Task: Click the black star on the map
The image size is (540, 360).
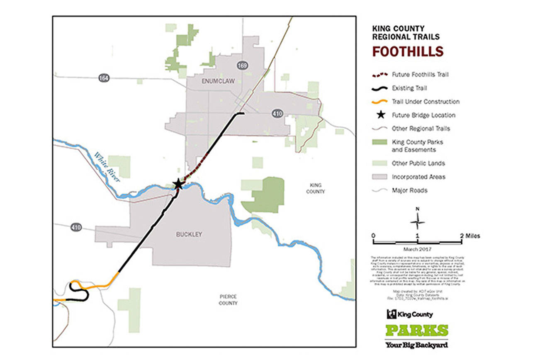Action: pos(178,184)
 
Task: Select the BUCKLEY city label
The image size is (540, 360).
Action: pos(189,234)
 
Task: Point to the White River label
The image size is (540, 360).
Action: pos(107,167)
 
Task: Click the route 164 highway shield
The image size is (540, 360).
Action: pos(104,78)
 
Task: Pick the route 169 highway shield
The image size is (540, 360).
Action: pos(243,66)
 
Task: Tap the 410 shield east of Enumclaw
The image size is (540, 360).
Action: pos(277,114)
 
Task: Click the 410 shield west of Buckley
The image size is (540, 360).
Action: pos(76,227)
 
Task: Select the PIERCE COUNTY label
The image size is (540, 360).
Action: pos(229,300)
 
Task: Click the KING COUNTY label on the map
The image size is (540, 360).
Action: pos(316,189)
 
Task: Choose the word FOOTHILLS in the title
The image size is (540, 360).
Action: pos(408,52)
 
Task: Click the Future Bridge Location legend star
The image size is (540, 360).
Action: pos(380,115)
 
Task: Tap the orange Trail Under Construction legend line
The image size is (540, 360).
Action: pos(380,102)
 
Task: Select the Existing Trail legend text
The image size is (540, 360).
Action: pos(409,88)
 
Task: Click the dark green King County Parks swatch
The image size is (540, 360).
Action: pos(380,142)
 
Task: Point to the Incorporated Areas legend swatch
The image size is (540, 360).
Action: pos(380,177)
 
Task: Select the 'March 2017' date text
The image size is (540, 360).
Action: pos(418,249)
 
